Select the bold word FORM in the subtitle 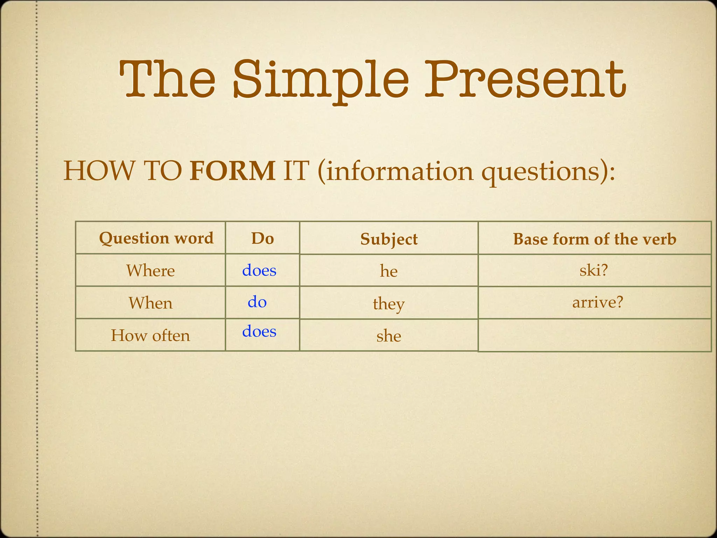coord(232,171)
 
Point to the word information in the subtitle coord(399,171)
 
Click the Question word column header coord(156,238)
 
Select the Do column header coord(263,239)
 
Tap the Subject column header coord(389,239)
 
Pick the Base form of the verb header coord(594,239)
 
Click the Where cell coord(151,271)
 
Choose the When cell coord(151,303)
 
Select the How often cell coord(151,336)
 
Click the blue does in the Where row coord(259,270)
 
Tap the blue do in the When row coord(257,302)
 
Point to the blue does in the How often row coord(259,331)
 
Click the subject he coord(389,271)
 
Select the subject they coord(389,304)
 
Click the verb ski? coord(594,270)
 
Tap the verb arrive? coord(598,302)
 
